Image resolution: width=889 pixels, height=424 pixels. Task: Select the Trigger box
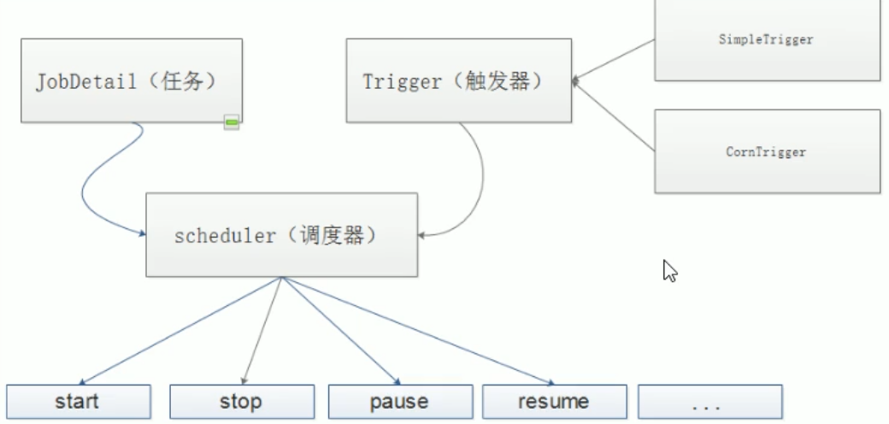[x=458, y=81]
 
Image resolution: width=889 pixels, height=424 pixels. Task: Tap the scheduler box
[x=281, y=235]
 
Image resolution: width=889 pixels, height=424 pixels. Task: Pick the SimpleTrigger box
[x=767, y=40]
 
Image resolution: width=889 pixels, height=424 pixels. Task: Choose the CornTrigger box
[x=767, y=151]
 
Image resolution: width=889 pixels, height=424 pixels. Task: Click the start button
[x=77, y=401]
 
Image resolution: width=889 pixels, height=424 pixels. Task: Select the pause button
[x=399, y=401]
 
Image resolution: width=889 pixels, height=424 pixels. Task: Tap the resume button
[x=553, y=401]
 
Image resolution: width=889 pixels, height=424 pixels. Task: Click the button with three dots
[x=709, y=401]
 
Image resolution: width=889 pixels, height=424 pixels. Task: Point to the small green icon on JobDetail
[x=232, y=123]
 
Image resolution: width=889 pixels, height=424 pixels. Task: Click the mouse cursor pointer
[x=670, y=271]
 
